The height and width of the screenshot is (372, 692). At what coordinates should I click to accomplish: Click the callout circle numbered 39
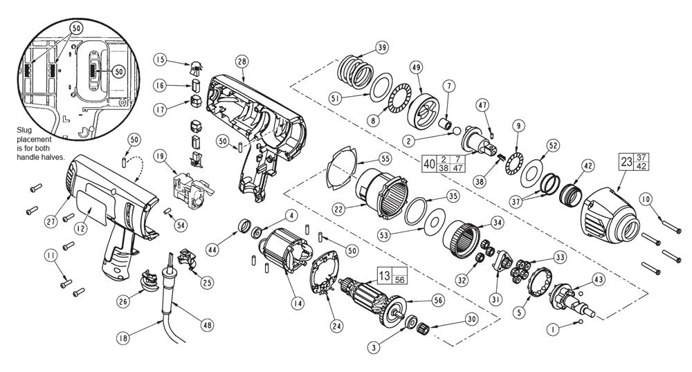(x=382, y=48)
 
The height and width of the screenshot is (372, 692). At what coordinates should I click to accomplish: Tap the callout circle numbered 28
(x=242, y=62)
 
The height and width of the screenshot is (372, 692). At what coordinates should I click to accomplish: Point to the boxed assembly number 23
(x=626, y=162)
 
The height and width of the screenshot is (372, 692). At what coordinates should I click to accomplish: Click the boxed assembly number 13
(x=384, y=276)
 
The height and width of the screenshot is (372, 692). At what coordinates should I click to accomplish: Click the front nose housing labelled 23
(x=610, y=216)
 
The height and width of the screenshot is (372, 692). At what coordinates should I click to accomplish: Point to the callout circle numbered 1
(x=552, y=329)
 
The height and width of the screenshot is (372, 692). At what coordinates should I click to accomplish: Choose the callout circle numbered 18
(x=123, y=339)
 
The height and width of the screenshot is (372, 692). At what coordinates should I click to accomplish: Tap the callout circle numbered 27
(x=51, y=221)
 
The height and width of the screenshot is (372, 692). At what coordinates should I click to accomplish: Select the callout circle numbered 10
(x=645, y=200)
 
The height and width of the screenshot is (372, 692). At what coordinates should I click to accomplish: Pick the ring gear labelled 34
(x=461, y=239)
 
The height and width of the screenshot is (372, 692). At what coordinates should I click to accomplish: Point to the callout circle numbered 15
(x=161, y=59)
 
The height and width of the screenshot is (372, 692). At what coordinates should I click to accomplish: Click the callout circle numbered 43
(x=599, y=279)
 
